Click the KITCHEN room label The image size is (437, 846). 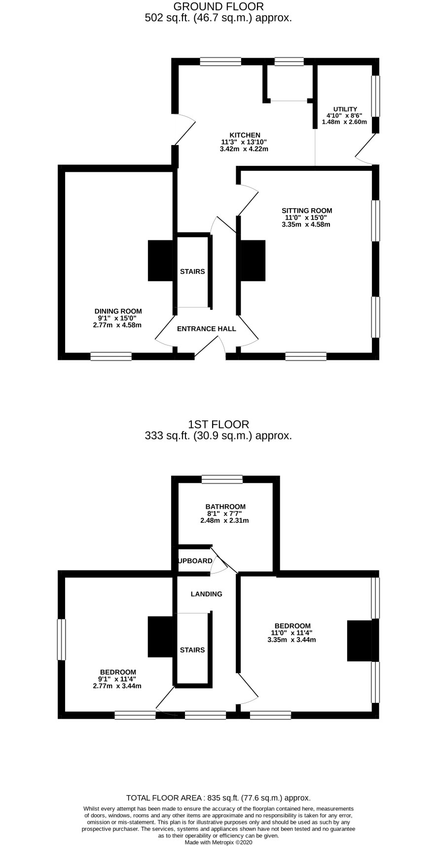coord(245,135)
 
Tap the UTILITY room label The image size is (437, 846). coord(345,110)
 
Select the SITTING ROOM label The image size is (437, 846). coord(307,211)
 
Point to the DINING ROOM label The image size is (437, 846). coord(118,311)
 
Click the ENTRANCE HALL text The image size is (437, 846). coord(207,329)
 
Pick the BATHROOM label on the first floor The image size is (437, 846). coord(225,506)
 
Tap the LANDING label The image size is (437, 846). coord(207,594)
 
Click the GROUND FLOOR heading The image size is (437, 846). coord(218,6)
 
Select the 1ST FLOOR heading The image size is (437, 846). coord(218,424)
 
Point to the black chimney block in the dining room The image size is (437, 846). coord(161,261)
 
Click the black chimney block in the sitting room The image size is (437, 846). coord(253,261)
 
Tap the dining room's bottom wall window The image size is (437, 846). coord(111,356)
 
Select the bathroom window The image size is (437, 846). coord(222,479)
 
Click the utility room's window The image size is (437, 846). coord(375,96)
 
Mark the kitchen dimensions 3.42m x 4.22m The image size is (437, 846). coord(244,149)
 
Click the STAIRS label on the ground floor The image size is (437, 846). coord(192,271)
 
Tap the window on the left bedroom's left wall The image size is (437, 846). coord(62,639)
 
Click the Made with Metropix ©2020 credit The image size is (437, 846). coord(218,842)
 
